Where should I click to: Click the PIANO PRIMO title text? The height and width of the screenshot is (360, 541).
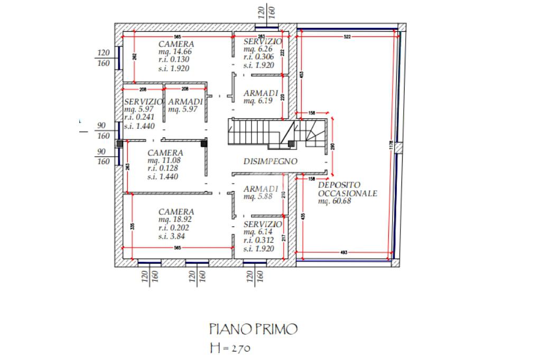tap(253, 330)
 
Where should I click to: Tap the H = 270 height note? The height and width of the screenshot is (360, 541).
tap(229, 348)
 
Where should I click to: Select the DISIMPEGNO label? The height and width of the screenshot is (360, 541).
tap(270, 162)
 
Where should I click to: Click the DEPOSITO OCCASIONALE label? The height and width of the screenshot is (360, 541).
tap(347, 189)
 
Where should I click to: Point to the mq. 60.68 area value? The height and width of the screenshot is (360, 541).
tap(334, 201)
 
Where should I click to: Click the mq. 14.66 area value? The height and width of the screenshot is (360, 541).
tap(175, 52)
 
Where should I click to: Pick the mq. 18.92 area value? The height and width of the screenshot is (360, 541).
tap(175, 220)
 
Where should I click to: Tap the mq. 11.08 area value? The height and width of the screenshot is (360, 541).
tap(164, 160)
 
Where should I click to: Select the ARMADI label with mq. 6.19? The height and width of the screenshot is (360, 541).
tap(261, 93)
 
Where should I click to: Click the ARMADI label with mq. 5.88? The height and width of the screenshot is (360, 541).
tap(261, 188)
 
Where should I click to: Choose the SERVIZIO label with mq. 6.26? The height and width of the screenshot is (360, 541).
tap(263, 42)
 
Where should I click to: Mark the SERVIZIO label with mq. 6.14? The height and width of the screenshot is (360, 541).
tap(263, 224)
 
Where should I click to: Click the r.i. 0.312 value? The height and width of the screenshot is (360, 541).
tap(259, 240)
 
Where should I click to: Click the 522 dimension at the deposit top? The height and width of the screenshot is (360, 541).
tap(347, 36)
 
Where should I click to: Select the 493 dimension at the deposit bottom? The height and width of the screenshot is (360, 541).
tap(344, 253)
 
